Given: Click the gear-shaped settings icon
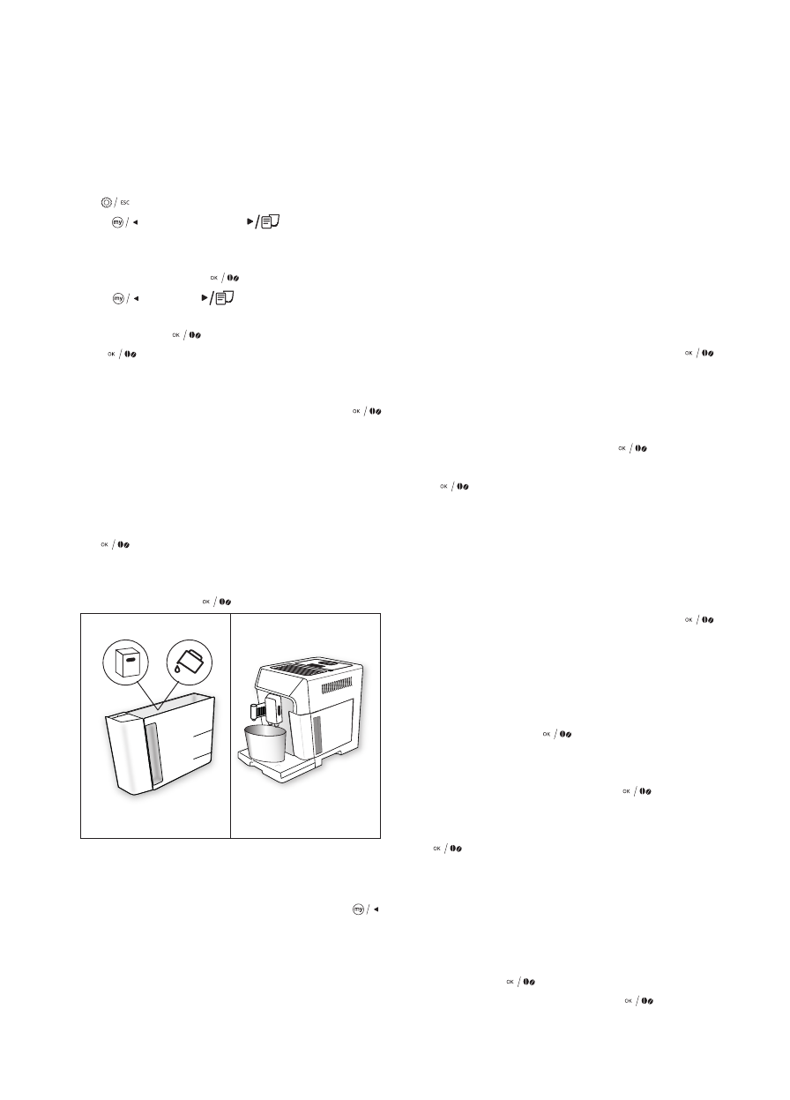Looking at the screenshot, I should click(107, 202).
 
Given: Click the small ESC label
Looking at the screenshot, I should click(125, 203).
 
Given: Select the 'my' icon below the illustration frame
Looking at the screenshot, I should click(358, 910).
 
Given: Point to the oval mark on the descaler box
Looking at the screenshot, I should click(128, 657).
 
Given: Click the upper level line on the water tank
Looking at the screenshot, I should click(202, 732).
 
